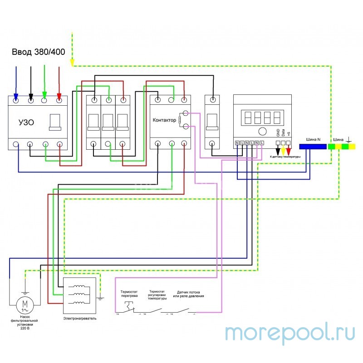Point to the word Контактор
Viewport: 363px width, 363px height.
(x=165, y=120)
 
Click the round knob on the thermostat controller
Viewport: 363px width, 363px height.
(x=262, y=132)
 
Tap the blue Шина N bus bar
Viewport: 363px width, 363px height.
(x=313, y=147)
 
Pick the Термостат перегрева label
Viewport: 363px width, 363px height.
(x=129, y=294)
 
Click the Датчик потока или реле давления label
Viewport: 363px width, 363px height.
(x=188, y=294)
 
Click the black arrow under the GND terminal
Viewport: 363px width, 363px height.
(x=278, y=150)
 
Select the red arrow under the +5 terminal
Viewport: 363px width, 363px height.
(x=288, y=150)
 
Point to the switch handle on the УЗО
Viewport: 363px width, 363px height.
(x=55, y=122)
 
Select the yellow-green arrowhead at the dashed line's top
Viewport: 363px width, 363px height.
(x=73, y=64)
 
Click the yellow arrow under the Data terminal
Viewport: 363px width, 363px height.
(x=283, y=150)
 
